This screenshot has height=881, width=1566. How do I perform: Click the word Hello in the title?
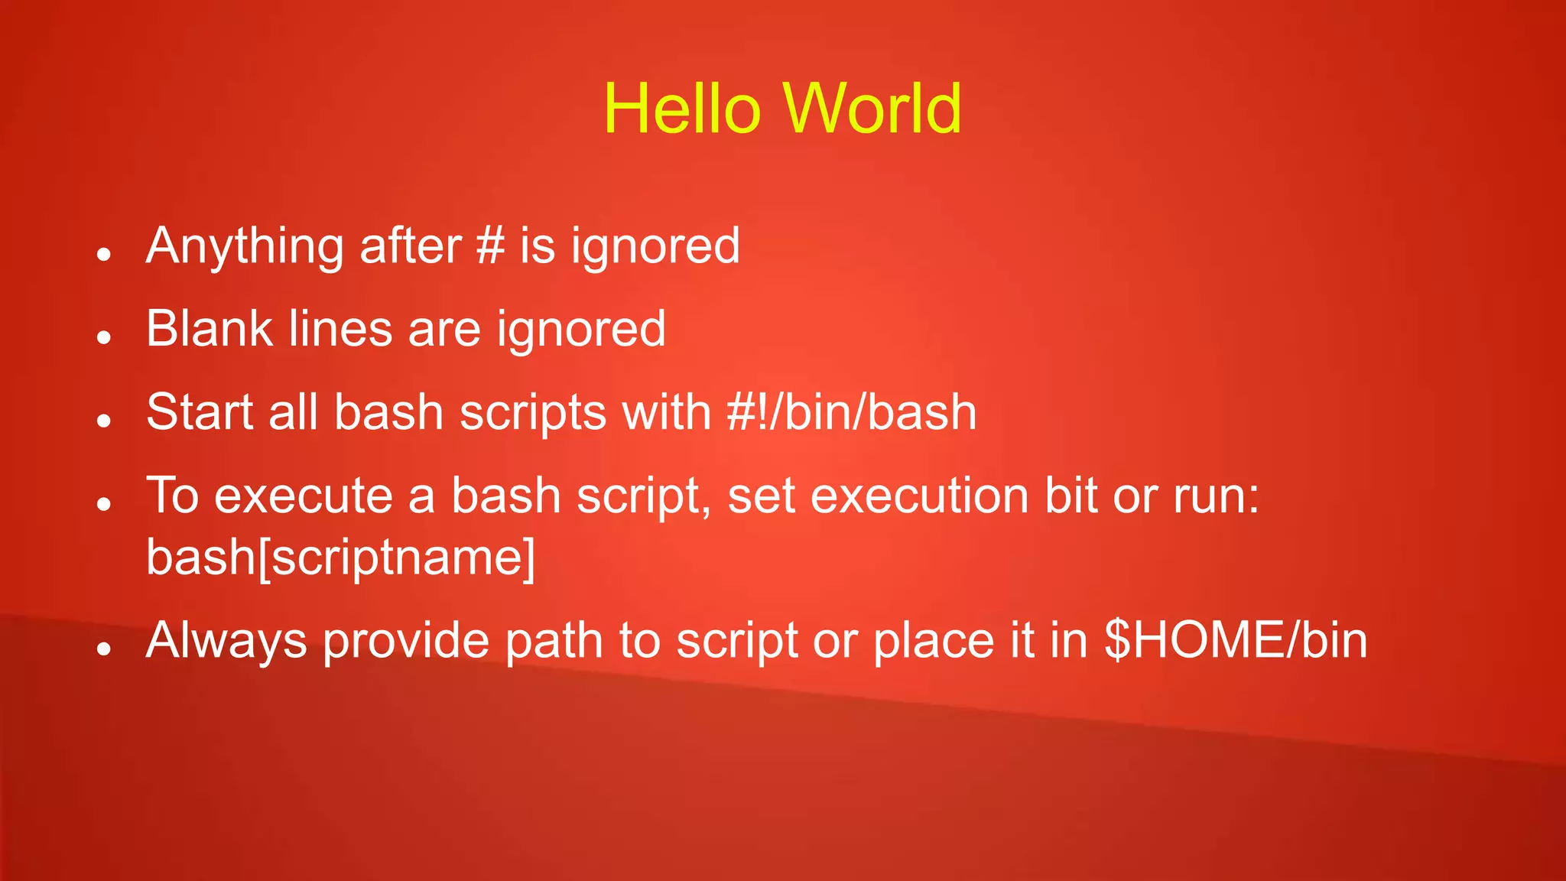point(681,109)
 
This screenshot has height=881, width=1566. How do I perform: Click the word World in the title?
point(872,109)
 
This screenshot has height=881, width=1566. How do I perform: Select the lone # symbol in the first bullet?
point(490,246)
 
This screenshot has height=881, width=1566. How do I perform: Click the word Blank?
point(210,329)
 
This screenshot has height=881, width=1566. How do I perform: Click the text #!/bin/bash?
point(851,412)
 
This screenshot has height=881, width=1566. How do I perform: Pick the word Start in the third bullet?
point(200,412)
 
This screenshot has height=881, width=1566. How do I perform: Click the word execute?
point(304,496)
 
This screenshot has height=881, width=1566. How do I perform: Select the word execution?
point(920,496)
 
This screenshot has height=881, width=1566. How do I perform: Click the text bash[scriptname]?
point(340,558)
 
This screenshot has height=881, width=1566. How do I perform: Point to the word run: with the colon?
point(1216,496)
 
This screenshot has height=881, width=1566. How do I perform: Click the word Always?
point(226,641)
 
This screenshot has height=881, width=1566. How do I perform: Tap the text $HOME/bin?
point(1236,640)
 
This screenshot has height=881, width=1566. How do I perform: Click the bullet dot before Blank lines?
point(105,336)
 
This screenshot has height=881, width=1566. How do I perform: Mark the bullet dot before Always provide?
point(105,649)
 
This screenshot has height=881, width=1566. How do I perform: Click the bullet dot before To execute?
point(105,503)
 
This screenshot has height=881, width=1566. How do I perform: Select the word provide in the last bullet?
point(405,641)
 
